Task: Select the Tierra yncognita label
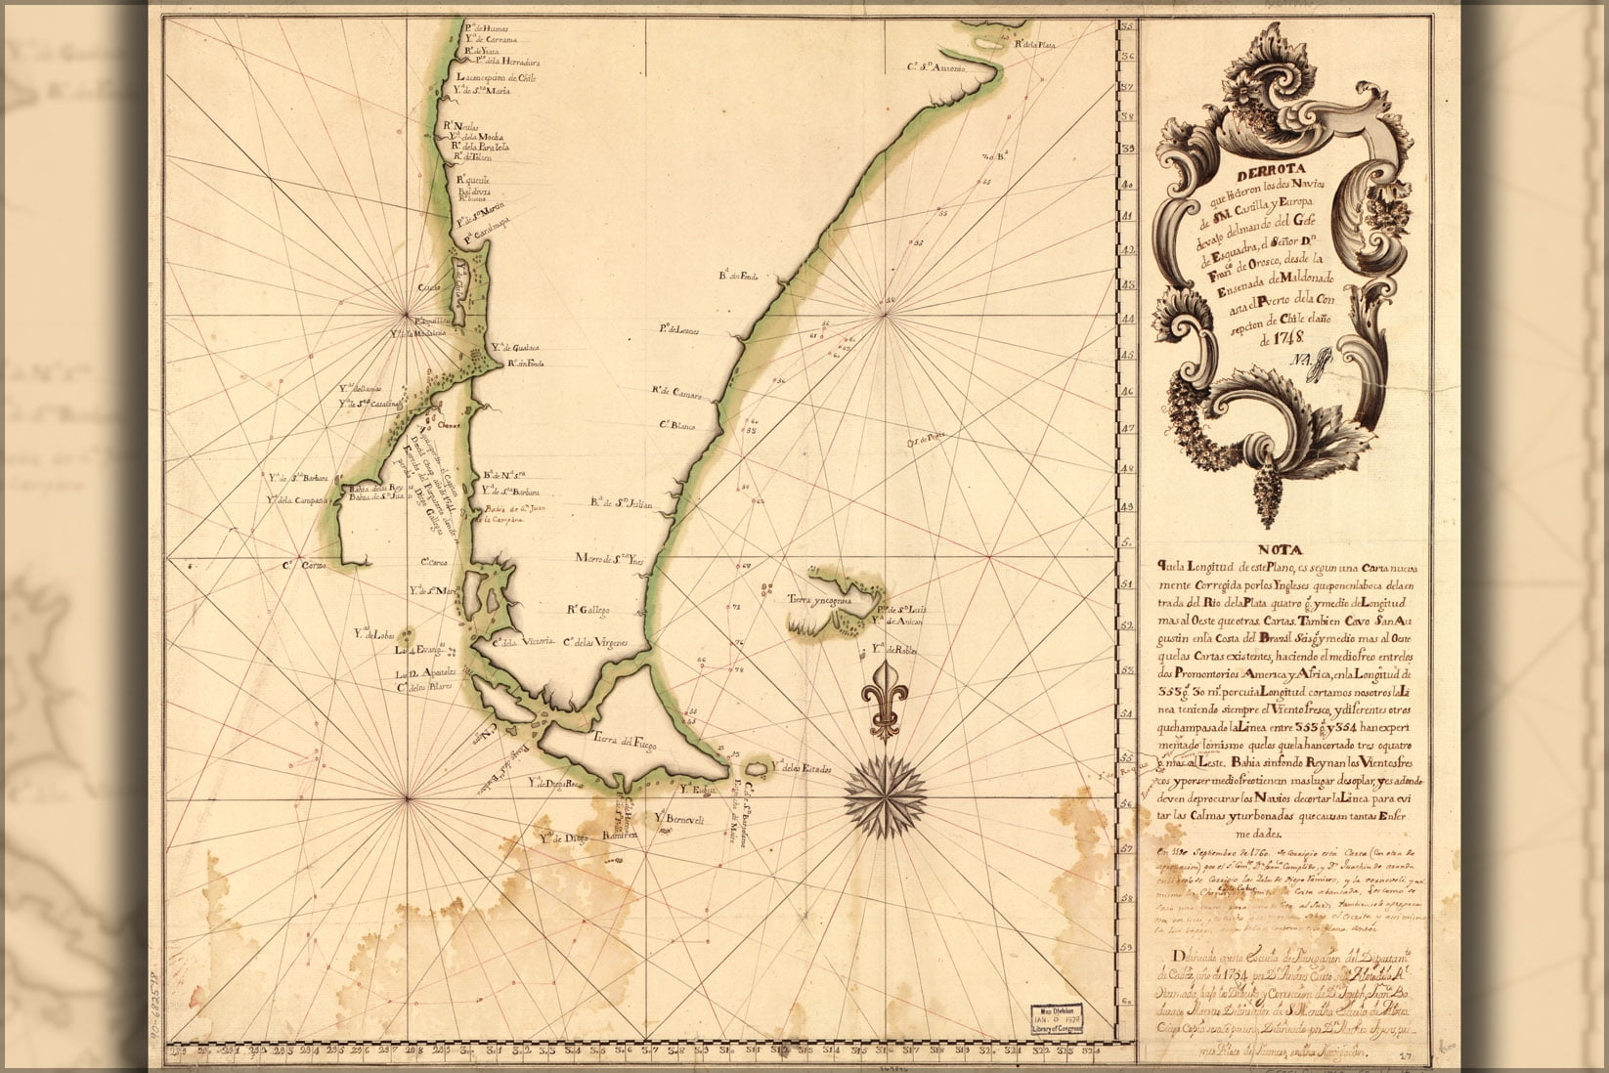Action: [818, 602]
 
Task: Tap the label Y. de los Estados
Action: [800, 767]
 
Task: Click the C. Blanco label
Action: [675, 426]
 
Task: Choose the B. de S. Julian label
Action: [620, 504]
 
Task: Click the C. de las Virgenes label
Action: [594, 642]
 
